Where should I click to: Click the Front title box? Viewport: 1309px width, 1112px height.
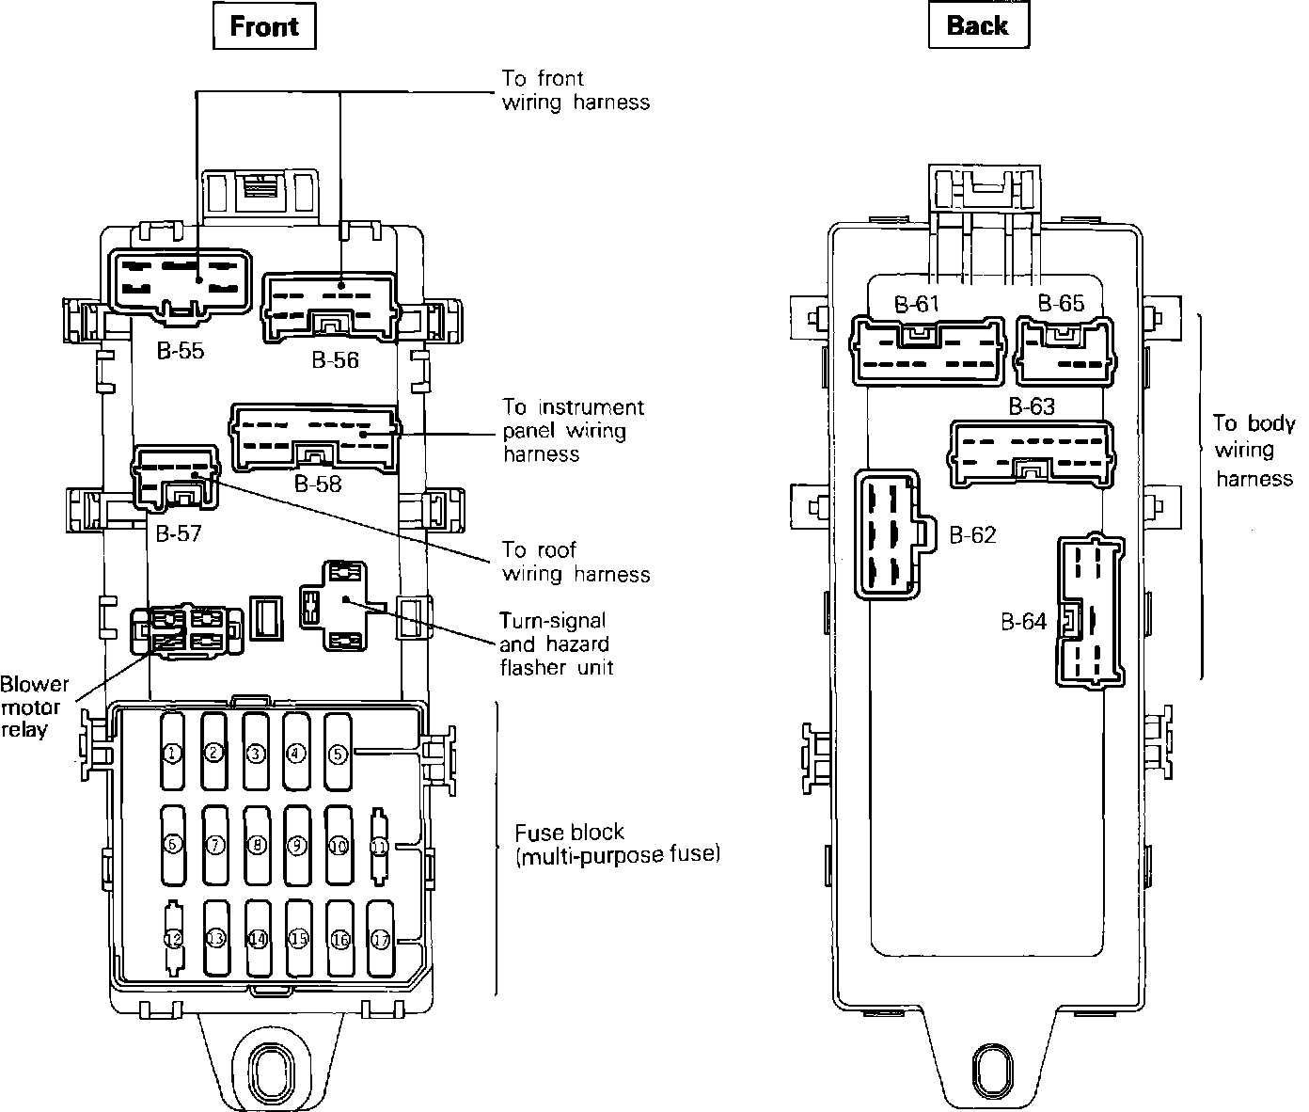263,26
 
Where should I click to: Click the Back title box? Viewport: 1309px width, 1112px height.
977,26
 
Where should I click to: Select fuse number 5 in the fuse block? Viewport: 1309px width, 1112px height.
338,753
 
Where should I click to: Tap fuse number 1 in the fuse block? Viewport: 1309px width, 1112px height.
172,753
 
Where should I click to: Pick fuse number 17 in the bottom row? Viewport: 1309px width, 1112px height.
380,939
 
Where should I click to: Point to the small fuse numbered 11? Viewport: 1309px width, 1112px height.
379,846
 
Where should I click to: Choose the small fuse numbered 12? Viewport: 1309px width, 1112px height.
172,939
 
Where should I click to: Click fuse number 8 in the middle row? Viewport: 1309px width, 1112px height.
256,845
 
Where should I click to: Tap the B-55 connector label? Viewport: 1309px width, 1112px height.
180,353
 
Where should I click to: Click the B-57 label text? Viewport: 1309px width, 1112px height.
179,534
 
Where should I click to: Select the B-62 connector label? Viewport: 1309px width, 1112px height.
972,535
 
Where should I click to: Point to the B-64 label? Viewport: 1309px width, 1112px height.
1023,622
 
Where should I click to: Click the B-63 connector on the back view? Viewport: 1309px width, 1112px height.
1033,453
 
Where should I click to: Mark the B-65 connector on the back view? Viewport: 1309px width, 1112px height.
1065,350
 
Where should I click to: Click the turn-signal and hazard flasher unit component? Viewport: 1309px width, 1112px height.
342,605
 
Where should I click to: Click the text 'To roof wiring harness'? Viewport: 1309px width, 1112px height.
576,562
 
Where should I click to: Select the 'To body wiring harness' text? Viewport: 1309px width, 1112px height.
1254,451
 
